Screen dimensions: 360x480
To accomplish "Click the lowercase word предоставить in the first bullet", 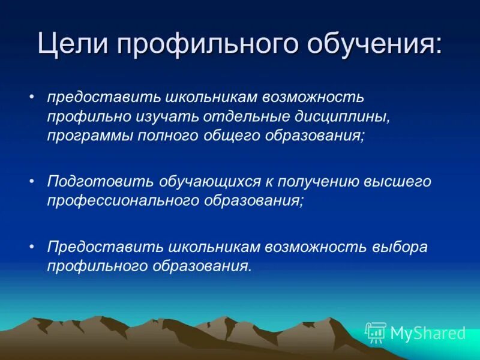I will [x=94, y=97].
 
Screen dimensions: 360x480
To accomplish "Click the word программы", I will [x=90, y=136].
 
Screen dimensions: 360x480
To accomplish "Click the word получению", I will [x=317, y=181].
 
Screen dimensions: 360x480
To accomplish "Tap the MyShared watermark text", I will [x=427, y=332].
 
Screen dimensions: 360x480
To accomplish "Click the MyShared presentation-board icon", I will [x=376, y=332].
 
